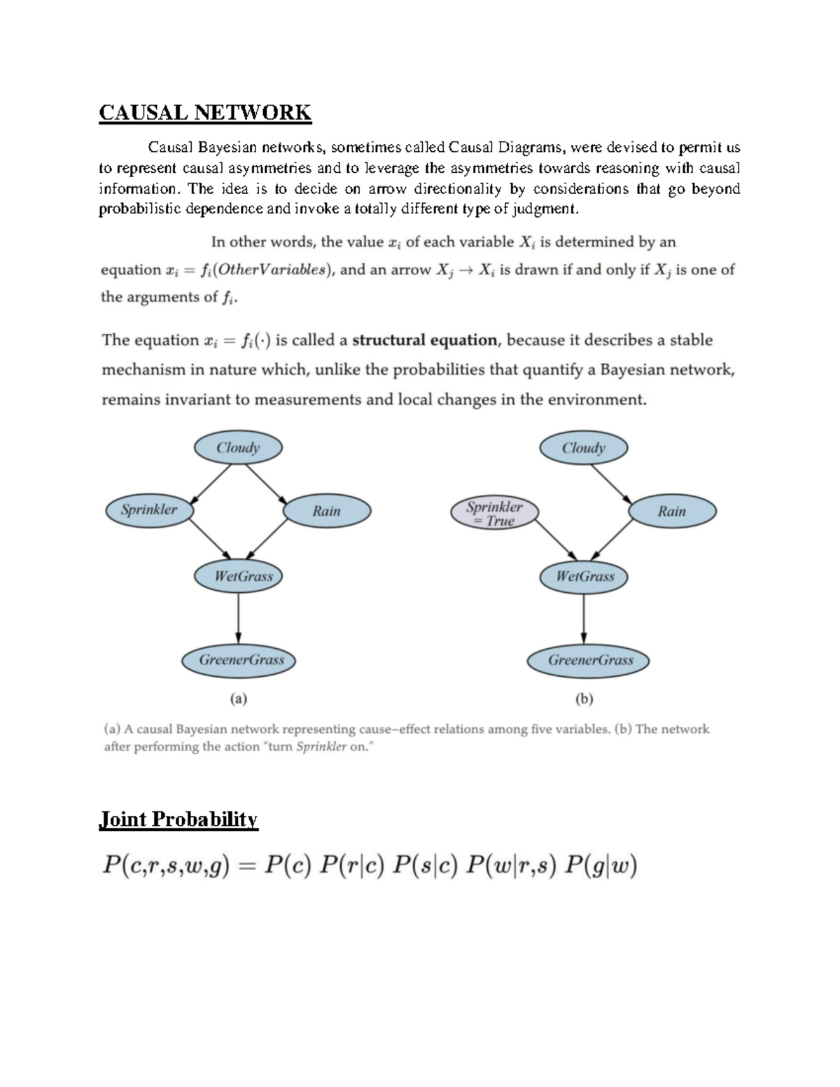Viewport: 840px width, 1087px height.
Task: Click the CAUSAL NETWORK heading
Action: click(x=204, y=113)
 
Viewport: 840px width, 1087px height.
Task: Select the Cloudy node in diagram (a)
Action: click(x=238, y=448)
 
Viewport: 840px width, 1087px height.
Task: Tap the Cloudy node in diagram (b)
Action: click(x=584, y=448)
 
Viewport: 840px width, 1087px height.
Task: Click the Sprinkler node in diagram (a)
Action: click(x=149, y=510)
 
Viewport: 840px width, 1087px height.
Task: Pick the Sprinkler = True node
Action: click(x=494, y=513)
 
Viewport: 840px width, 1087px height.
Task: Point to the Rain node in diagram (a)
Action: click(x=326, y=511)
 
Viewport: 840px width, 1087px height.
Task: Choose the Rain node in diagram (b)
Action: click(x=672, y=512)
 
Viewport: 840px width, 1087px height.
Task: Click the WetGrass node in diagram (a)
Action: click(x=243, y=577)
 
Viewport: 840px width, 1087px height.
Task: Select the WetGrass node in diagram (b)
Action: click(x=584, y=577)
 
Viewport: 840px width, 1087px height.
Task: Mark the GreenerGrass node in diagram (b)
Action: click(x=590, y=660)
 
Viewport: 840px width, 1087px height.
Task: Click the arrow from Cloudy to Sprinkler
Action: click(x=211, y=484)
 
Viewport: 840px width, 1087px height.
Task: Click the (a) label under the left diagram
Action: click(x=239, y=699)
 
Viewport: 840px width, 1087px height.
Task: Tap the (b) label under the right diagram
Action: click(x=584, y=699)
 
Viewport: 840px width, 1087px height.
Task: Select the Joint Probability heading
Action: click(x=179, y=820)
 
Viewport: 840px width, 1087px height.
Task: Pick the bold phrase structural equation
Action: click(x=424, y=341)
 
